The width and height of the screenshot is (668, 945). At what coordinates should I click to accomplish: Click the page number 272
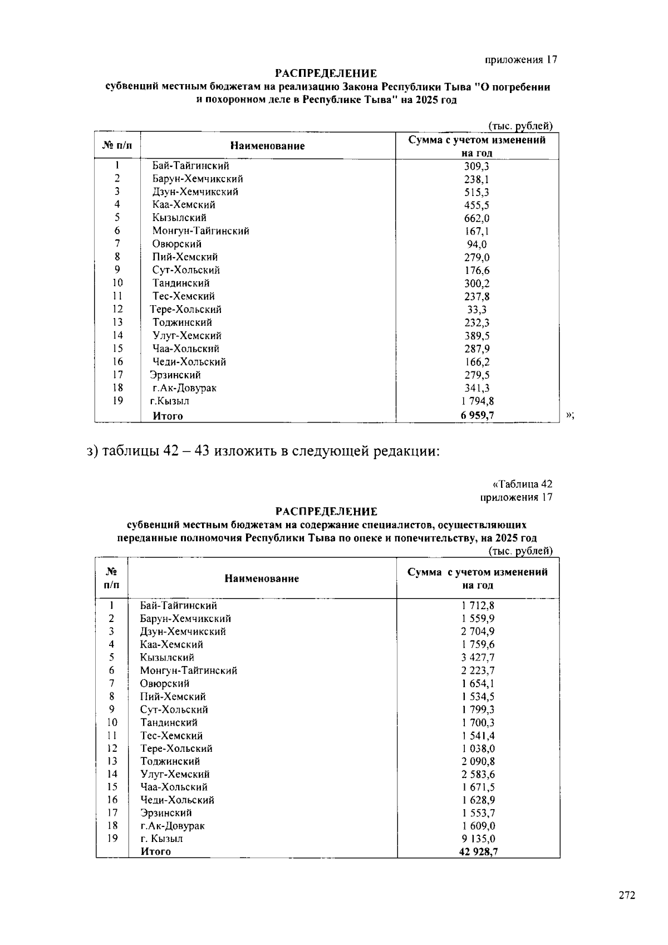[626, 895]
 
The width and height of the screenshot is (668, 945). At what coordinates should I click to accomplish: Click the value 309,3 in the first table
[477, 166]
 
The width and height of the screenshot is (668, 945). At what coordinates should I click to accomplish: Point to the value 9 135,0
[478, 839]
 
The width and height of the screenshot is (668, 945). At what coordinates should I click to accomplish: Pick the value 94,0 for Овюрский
[477, 244]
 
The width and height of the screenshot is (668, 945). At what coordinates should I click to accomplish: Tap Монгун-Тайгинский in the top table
[200, 231]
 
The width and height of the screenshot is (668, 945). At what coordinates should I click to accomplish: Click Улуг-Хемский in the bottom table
[175, 774]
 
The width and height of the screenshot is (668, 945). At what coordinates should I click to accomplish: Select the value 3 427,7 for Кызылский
[478, 658]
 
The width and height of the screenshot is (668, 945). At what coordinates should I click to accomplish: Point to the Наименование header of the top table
[267, 146]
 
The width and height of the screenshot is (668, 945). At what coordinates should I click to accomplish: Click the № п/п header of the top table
[117, 146]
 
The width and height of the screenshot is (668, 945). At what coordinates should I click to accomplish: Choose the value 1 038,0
[478, 748]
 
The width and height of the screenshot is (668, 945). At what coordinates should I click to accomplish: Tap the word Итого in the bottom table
[155, 851]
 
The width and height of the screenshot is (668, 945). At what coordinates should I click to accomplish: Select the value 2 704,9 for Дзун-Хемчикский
[478, 631]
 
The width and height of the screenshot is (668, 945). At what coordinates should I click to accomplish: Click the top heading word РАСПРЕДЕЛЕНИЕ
[326, 74]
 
